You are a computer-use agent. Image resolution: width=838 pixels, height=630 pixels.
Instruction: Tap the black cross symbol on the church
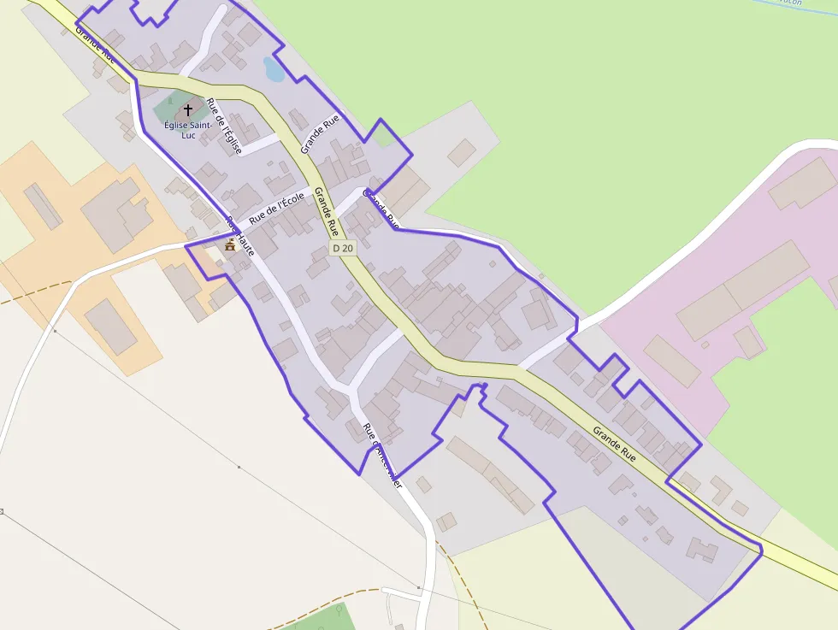point(188,110)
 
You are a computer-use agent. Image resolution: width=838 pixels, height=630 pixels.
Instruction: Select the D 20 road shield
point(343,248)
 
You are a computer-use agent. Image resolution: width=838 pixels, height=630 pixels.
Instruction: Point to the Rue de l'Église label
point(225,127)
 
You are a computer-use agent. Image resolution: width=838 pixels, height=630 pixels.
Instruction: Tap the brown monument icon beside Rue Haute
point(229,245)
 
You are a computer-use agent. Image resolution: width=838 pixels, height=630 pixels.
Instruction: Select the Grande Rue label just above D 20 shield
point(326,211)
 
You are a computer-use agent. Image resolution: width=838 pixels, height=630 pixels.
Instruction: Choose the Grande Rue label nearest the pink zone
point(615,445)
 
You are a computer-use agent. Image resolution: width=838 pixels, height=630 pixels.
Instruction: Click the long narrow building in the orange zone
point(43,206)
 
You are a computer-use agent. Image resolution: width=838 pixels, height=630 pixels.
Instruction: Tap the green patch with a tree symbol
point(325,618)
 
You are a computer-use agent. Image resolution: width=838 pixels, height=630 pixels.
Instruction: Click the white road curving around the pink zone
point(684,248)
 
